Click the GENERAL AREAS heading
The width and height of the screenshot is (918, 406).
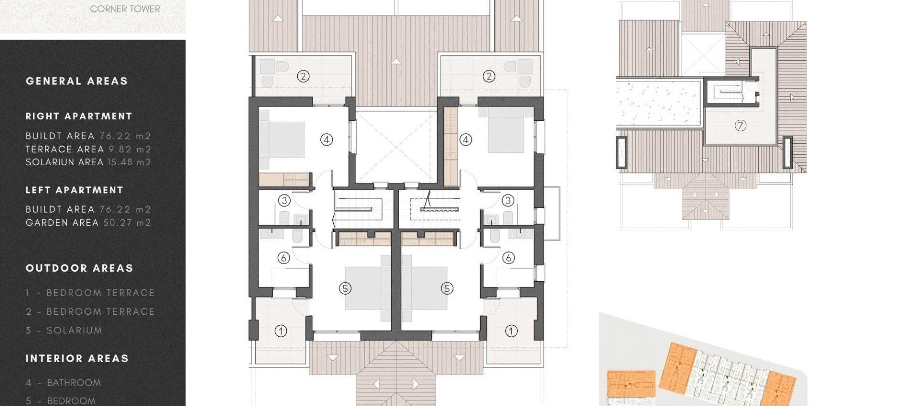[x=76, y=81]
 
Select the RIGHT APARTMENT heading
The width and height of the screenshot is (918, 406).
[x=79, y=117]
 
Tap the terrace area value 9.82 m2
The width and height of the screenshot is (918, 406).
[x=130, y=149]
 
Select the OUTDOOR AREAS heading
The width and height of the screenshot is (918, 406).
[x=79, y=268]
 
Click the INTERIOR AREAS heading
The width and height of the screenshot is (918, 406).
[x=77, y=359]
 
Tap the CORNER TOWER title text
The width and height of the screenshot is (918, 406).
[x=125, y=9]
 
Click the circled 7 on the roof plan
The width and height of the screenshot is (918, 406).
[x=740, y=126]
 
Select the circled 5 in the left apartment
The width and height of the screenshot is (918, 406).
[x=345, y=288]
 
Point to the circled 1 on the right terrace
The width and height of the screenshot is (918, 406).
[x=511, y=331]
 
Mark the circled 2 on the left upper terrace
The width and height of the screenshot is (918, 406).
[x=303, y=76]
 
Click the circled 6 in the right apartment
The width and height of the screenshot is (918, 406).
[x=508, y=258]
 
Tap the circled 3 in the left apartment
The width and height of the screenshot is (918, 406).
[x=284, y=201]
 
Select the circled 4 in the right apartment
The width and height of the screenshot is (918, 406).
[x=465, y=139]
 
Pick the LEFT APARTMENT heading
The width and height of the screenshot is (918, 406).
[x=75, y=190]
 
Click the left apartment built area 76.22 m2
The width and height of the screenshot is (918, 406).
[x=125, y=209]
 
